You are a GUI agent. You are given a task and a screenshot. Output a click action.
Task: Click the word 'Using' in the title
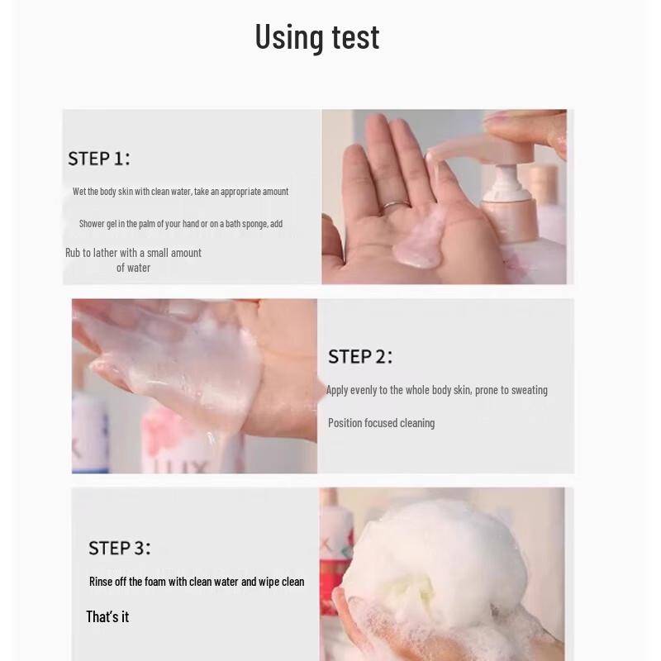tap(289, 37)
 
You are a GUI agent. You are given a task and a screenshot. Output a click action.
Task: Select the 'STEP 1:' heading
tap(98, 159)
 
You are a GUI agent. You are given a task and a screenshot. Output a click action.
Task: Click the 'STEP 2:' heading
tap(359, 357)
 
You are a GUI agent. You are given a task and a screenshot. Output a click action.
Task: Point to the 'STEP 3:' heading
tap(119, 548)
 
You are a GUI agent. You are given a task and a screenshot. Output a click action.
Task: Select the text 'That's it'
tap(107, 616)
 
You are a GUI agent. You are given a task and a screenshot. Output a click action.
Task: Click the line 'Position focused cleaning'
tap(381, 423)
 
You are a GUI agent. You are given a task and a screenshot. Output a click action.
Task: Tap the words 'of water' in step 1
tap(133, 268)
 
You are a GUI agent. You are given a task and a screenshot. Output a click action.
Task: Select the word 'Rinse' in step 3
tap(101, 582)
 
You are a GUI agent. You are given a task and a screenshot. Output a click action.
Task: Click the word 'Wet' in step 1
tap(79, 192)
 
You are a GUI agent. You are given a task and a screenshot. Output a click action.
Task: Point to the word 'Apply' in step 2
tap(337, 390)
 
